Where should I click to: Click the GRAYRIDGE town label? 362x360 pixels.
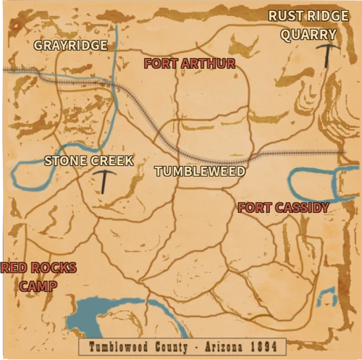71,45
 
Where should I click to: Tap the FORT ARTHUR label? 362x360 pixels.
189,64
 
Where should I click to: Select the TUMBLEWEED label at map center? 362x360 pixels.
200,172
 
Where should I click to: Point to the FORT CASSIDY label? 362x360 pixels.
283,208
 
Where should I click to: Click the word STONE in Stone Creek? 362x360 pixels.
64,161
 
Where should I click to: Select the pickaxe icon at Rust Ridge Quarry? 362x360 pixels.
329,55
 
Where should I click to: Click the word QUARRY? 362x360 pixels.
308,34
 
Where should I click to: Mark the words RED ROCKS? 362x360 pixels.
38,269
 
